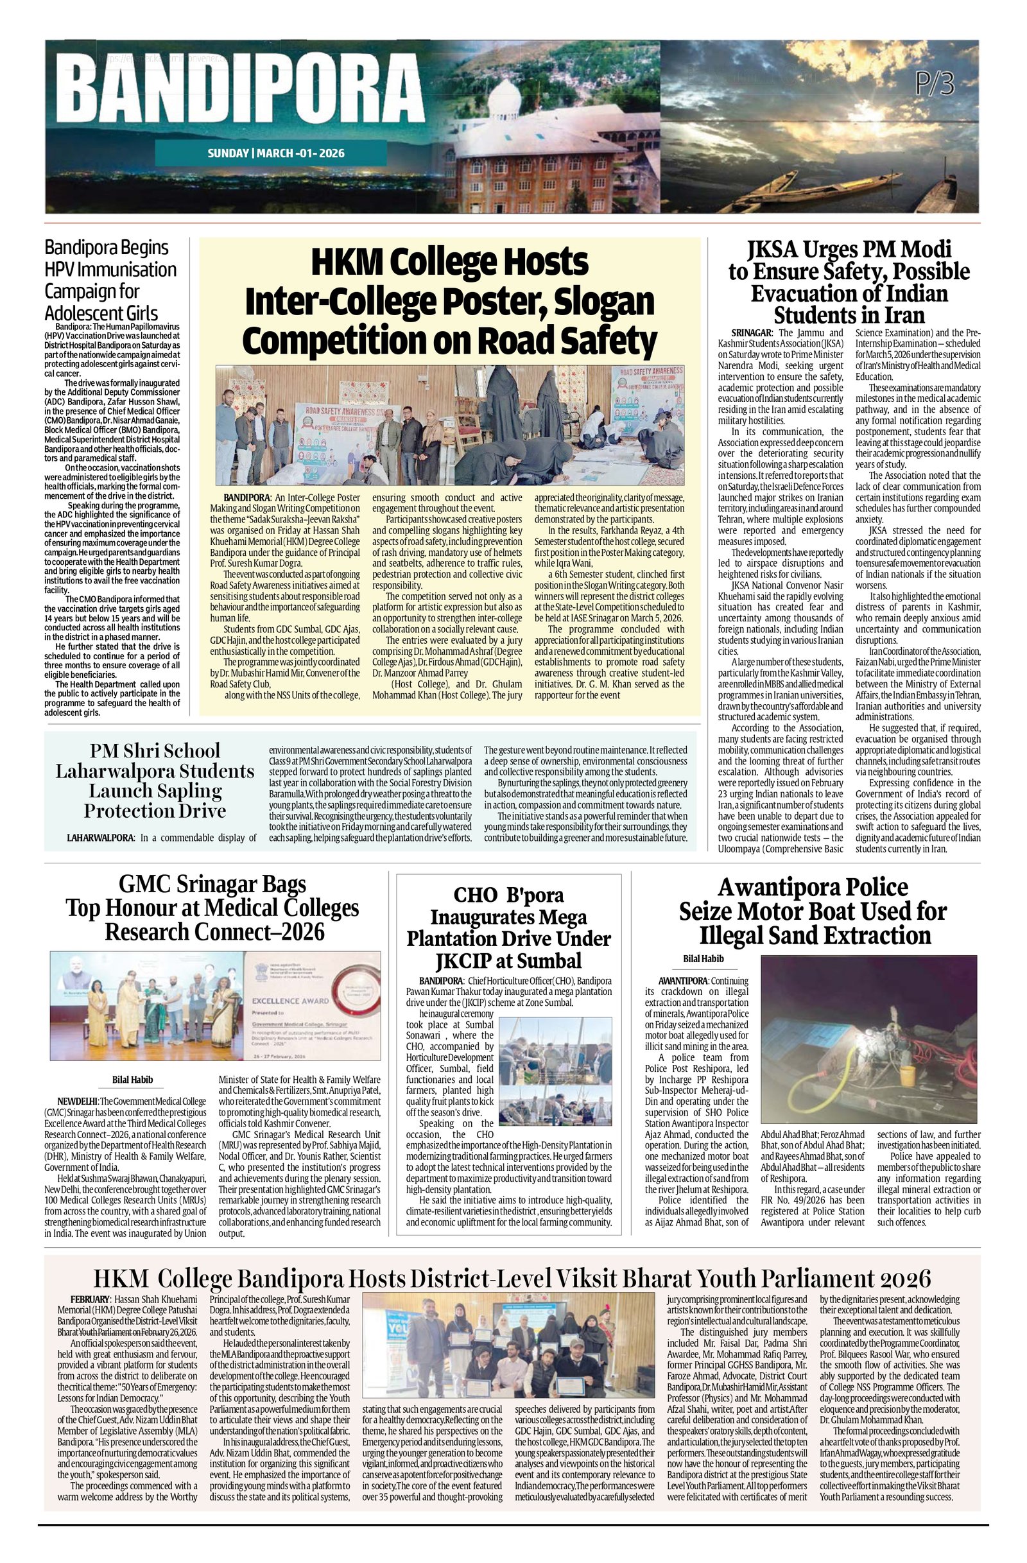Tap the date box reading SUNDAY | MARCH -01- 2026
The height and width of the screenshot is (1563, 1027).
276,153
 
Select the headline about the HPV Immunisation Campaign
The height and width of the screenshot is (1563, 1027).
110,279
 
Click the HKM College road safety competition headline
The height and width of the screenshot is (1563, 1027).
450,302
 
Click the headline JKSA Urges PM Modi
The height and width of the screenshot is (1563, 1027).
849,281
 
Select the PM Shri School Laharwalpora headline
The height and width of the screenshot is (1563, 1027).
155,779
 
